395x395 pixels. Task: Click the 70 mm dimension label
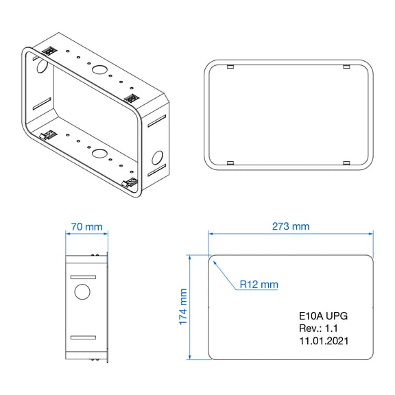pos(86,227)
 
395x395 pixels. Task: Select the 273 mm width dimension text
pos(291,226)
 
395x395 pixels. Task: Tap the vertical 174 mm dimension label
pos(183,307)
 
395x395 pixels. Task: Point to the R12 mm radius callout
pos(259,285)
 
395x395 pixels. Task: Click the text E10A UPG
pos(323,316)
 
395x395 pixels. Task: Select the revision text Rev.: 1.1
pos(318,328)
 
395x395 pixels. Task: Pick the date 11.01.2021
pos(324,341)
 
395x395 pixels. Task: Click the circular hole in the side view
pos(82,291)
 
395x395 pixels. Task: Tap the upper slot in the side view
pos(83,277)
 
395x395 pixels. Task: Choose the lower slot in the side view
pos(83,337)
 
